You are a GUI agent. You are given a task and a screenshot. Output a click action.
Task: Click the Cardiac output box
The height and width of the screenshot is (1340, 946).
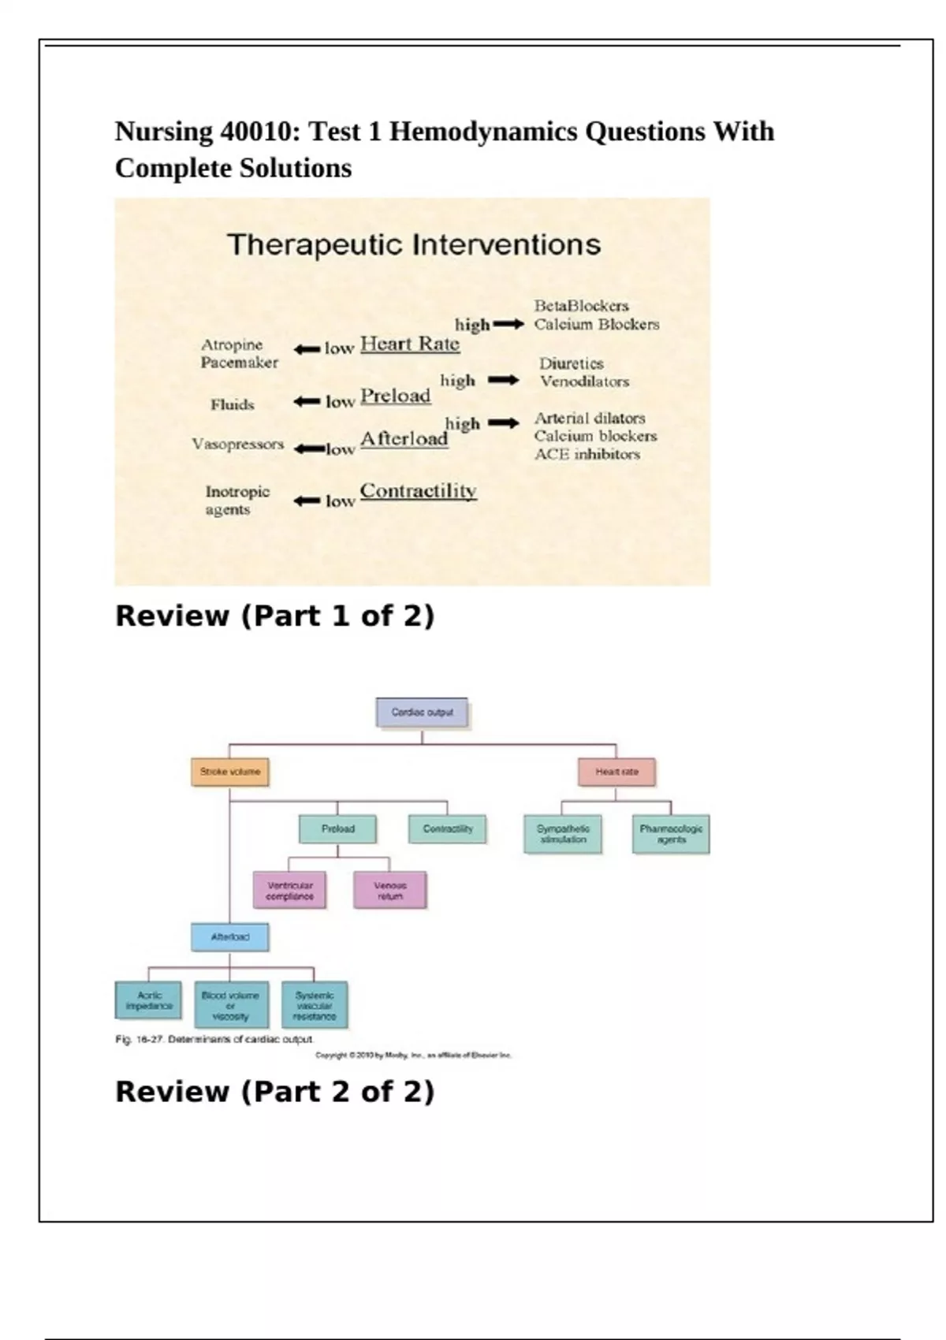pos(423,712)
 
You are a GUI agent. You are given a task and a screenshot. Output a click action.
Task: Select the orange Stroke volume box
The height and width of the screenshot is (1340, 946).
pos(229,772)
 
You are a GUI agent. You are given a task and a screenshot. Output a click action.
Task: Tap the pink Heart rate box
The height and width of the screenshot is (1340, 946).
pos(616,772)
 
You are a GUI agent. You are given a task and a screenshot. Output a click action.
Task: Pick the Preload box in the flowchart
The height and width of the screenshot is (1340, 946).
pos(337,828)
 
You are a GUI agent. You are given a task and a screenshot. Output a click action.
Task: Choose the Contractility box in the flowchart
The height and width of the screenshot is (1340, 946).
pos(448,828)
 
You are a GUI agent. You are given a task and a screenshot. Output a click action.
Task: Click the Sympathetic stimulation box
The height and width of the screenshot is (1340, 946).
pos(563,834)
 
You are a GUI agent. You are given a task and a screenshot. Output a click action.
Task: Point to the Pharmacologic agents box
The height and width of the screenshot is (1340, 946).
pos(671,834)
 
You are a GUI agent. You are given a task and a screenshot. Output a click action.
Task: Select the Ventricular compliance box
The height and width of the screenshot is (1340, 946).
pos(289,891)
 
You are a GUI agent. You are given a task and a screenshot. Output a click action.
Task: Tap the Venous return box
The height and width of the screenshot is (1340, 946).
pos(390,891)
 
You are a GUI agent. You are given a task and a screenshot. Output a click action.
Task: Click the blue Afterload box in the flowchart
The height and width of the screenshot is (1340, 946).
pos(229,937)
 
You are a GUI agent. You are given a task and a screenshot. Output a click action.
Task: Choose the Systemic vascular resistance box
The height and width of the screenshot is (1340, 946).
pos(315,1005)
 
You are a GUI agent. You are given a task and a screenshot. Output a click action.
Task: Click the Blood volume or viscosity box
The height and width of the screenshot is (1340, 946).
pos(230,1005)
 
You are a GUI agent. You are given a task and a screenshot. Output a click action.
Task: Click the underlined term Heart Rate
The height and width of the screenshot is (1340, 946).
pos(410,344)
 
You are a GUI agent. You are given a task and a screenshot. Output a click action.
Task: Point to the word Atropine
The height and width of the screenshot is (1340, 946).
pos(232,344)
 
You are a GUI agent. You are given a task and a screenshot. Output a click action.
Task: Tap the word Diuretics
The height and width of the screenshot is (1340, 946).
pos(572,363)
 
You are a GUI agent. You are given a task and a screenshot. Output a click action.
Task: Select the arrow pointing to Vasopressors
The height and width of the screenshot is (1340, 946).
pos(309,449)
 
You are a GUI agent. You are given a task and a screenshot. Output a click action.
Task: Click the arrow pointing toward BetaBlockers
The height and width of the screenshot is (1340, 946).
pos(508,324)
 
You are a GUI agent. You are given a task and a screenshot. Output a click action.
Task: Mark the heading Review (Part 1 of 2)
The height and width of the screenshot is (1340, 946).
pos(274,616)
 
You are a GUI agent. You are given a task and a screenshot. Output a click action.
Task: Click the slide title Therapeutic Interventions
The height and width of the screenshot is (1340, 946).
pos(414,244)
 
